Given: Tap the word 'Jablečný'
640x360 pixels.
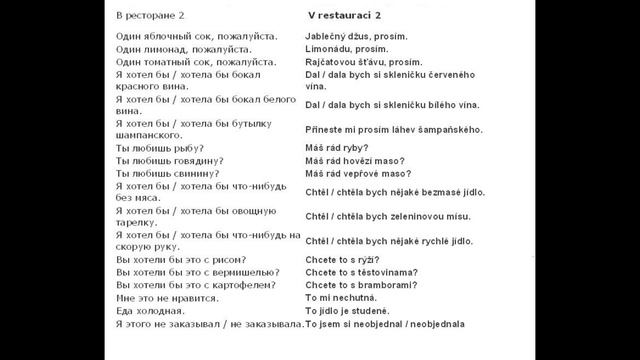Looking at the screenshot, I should pos(328,35).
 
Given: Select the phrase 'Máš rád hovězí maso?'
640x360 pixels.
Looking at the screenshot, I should pos(360,160).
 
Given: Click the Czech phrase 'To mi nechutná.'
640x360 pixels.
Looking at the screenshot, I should pos(342,298).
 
